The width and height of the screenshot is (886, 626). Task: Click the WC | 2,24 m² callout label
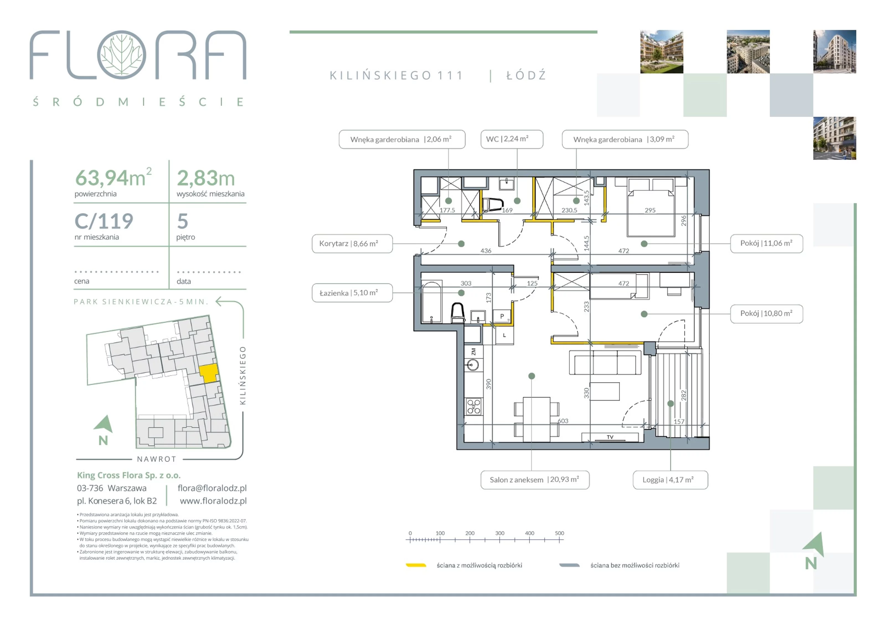click(x=512, y=139)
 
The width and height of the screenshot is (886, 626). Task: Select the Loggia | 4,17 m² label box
click(x=670, y=480)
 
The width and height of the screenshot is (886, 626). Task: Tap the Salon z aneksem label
click(x=535, y=480)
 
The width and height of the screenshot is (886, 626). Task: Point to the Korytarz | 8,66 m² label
click(x=352, y=244)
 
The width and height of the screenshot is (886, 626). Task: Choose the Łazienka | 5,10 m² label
click(x=352, y=293)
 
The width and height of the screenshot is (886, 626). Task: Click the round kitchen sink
click(x=472, y=365)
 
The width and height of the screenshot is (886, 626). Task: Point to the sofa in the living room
click(x=605, y=362)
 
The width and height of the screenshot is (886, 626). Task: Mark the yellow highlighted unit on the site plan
click(x=209, y=373)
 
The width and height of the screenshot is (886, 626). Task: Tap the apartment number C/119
click(x=104, y=221)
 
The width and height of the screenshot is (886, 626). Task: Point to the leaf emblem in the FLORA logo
click(x=122, y=55)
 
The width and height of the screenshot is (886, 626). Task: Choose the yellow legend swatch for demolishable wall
click(x=416, y=565)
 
